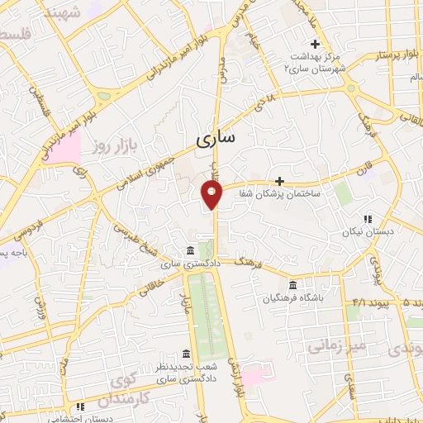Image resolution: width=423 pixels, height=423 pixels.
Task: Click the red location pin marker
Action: pyautogui.click(x=212, y=196)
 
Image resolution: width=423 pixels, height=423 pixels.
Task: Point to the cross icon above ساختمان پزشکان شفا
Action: pyautogui.click(x=279, y=181)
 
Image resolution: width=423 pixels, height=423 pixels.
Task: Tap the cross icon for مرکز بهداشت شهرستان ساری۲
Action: pyautogui.click(x=314, y=44)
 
